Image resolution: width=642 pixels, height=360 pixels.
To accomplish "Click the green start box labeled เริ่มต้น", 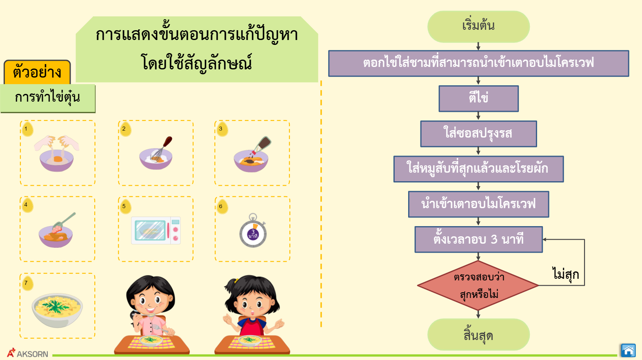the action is point(478,27).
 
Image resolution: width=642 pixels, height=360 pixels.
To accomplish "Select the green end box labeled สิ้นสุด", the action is point(478,335).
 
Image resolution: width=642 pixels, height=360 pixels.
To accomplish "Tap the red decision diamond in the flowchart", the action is point(478,285).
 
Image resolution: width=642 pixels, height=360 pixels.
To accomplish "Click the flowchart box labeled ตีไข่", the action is point(479,99).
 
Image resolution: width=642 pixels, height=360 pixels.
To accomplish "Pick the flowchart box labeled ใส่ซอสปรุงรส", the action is point(479,134).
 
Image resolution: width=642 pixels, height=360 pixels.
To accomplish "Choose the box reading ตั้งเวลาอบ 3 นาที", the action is point(479,240).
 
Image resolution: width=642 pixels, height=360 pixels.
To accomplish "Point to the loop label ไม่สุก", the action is point(566,274).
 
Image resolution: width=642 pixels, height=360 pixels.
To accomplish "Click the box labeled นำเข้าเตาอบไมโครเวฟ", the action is point(479,204).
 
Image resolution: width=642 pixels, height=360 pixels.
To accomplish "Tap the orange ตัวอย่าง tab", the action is point(37,72).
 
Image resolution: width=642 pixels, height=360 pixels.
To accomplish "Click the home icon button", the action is point(628,350).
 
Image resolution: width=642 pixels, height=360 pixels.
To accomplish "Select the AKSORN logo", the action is point(27,353).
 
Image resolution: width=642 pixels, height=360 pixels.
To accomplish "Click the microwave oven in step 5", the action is point(156,231).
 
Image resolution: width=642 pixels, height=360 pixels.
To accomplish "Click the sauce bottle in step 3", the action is point(262,145).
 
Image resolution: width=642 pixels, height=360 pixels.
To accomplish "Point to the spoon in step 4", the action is point(64,221).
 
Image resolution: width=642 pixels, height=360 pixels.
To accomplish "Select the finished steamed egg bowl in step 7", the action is point(57,310).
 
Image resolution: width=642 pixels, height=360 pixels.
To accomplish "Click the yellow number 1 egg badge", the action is point(27,129).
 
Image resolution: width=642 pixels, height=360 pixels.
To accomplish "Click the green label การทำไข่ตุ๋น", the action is point(48,98).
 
